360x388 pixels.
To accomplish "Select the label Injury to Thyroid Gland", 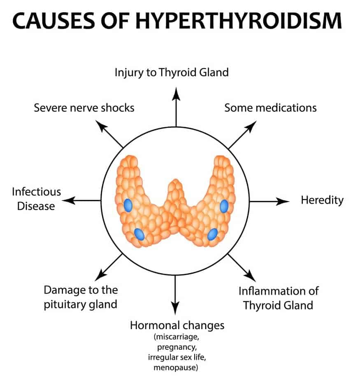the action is [171, 73].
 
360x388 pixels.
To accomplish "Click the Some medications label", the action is [270, 108].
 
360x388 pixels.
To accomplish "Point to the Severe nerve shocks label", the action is [84, 108].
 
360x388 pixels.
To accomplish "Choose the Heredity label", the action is [322, 200].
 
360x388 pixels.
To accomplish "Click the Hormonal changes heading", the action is [177, 325].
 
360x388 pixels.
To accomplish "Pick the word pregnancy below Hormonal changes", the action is [176, 347].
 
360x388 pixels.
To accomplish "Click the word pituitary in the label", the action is [64, 304].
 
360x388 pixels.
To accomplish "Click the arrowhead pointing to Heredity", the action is [283, 201].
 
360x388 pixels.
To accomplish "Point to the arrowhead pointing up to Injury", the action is [176, 94].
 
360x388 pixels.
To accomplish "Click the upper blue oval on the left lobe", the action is [128, 204].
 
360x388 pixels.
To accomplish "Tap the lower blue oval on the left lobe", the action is [139, 234].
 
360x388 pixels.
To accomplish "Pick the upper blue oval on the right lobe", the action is [224, 206].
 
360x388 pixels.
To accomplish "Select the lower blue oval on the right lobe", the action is [212, 234].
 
